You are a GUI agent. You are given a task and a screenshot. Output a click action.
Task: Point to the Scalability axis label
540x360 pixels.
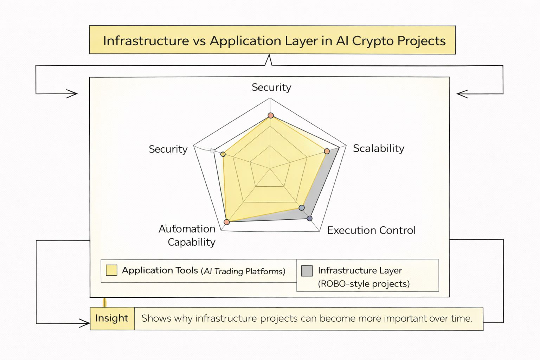(x=378, y=148)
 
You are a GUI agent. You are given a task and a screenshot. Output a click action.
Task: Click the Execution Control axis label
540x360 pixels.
(x=371, y=230)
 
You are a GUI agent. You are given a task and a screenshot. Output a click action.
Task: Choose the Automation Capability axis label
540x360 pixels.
(x=187, y=235)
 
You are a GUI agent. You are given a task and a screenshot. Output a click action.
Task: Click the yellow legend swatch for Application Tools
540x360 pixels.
(x=111, y=270)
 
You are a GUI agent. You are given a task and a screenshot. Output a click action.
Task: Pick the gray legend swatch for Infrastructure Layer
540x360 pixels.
(x=307, y=271)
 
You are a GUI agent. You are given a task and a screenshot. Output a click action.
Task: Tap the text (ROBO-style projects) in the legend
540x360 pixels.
(x=364, y=284)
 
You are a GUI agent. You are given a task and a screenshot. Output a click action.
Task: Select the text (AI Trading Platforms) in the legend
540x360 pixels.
(x=243, y=271)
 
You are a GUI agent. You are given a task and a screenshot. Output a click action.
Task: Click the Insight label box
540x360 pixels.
(x=112, y=318)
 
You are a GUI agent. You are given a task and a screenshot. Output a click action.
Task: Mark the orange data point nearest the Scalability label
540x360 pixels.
(x=327, y=151)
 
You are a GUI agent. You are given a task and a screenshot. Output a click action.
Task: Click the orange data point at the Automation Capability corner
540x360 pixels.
(x=227, y=222)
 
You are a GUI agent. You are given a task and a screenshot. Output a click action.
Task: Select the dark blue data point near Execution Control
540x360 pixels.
(x=309, y=218)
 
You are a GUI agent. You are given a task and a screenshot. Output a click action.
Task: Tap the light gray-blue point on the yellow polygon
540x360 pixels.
(x=301, y=208)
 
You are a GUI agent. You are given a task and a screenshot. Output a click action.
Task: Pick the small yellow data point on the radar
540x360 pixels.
(x=223, y=154)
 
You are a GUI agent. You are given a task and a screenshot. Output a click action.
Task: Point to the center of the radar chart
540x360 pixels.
(x=270, y=169)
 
